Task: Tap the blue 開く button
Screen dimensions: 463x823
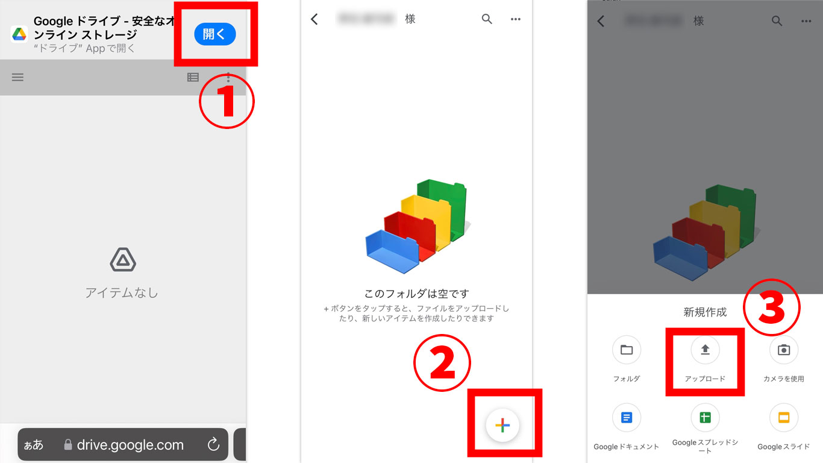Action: (x=214, y=34)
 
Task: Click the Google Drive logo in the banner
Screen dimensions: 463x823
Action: (x=19, y=34)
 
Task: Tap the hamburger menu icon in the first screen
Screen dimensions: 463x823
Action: (x=17, y=77)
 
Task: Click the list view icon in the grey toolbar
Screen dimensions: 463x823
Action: (x=193, y=77)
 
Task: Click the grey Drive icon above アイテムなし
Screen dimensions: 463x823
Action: (x=123, y=260)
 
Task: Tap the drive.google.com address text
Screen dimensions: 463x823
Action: (x=130, y=445)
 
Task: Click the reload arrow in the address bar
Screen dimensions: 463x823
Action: (x=213, y=445)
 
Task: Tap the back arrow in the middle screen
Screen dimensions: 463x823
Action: (x=314, y=19)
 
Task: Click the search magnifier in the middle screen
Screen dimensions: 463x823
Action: (x=487, y=19)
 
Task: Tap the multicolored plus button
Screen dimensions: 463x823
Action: (x=502, y=425)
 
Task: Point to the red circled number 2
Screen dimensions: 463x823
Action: (x=442, y=363)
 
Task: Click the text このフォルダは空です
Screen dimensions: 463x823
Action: (x=416, y=294)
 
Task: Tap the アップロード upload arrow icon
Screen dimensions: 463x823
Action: (x=705, y=350)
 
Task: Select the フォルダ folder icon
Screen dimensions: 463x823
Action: (x=627, y=350)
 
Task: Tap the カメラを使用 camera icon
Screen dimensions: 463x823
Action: (x=784, y=350)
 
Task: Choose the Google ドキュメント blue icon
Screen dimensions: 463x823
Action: (x=627, y=417)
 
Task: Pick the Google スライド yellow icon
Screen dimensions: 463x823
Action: (x=784, y=417)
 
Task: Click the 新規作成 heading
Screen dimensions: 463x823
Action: (x=705, y=312)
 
